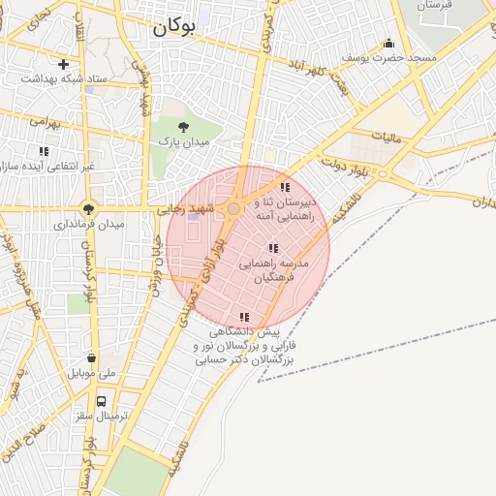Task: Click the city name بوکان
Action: pyautogui.click(x=174, y=28)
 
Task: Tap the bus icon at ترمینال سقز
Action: pyautogui.click(x=102, y=400)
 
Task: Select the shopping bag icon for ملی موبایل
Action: pyautogui.click(x=90, y=357)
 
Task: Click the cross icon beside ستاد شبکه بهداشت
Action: pyautogui.click(x=63, y=65)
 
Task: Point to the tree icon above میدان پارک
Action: pyautogui.click(x=184, y=127)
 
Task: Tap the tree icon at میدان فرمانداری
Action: pyautogui.click(x=88, y=208)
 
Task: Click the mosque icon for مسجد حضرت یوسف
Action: pyautogui.click(x=388, y=43)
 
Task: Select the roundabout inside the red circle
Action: pyautogui.click(x=232, y=208)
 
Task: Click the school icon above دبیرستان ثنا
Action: pyautogui.click(x=285, y=187)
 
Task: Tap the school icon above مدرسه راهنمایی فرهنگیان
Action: pyautogui.click(x=273, y=249)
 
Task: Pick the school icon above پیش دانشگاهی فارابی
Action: pyautogui.click(x=244, y=317)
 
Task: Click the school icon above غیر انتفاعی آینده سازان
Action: pyautogui.click(x=44, y=151)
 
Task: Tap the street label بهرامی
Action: pyautogui.click(x=45, y=122)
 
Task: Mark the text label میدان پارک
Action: pyautogui.click(x=184, y=142)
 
